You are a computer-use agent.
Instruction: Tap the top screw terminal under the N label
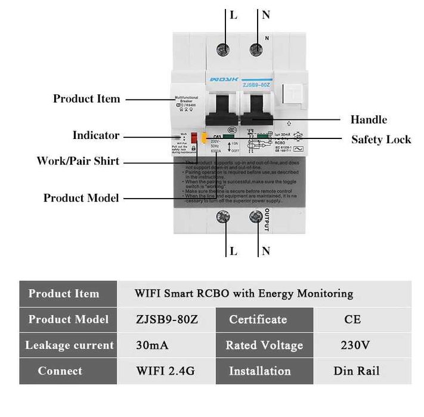(258, 50)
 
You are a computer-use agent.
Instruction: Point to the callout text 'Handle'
(369, 120)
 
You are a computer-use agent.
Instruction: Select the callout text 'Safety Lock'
(381, 140)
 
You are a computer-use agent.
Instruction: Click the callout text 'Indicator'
(96, 135)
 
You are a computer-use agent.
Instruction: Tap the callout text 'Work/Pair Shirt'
(78, 161)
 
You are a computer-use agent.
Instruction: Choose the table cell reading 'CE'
(352, 319)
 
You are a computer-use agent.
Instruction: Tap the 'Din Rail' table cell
(356, 371)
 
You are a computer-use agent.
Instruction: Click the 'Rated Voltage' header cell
(264, 345)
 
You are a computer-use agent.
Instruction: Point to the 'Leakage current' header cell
(69, 345)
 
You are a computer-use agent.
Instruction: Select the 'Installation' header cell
(259, 371)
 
